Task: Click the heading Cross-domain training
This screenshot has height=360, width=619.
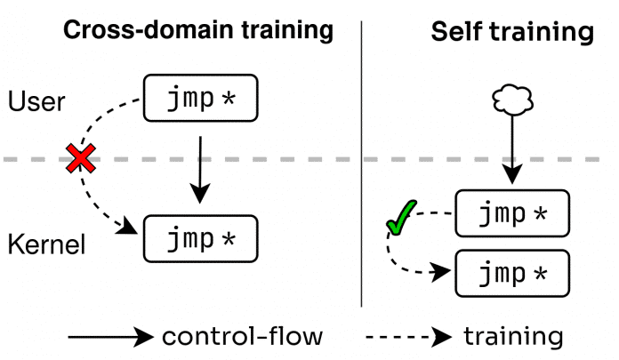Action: coord(197,30)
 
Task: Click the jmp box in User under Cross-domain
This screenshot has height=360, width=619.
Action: coord(200,99)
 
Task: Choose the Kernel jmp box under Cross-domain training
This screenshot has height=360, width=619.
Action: coord(200,239)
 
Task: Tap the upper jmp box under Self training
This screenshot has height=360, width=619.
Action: coord(510,213)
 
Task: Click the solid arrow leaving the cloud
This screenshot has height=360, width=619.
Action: coord(510,151)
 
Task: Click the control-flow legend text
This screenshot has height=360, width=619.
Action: coord(243,337)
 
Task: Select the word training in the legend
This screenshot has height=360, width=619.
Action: coord(513,337)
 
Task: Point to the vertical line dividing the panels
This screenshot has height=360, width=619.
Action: coord(361,160)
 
